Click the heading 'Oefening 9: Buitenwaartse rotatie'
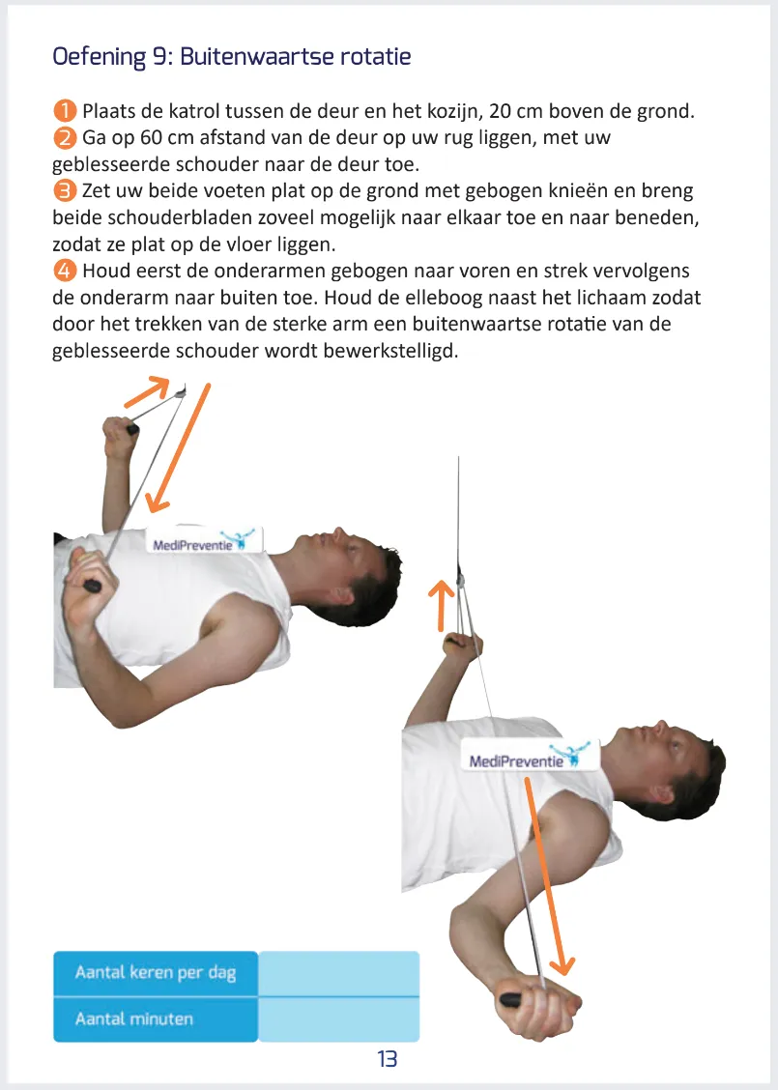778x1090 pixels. [232, 57]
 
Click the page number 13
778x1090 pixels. [387, 1059]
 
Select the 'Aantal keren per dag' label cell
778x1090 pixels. [156, 972]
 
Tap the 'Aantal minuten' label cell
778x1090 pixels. [156, 1019]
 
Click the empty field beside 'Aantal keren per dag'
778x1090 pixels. [339, 972]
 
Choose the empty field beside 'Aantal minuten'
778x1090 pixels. [339, 1019]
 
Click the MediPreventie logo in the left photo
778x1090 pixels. [204, 542]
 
